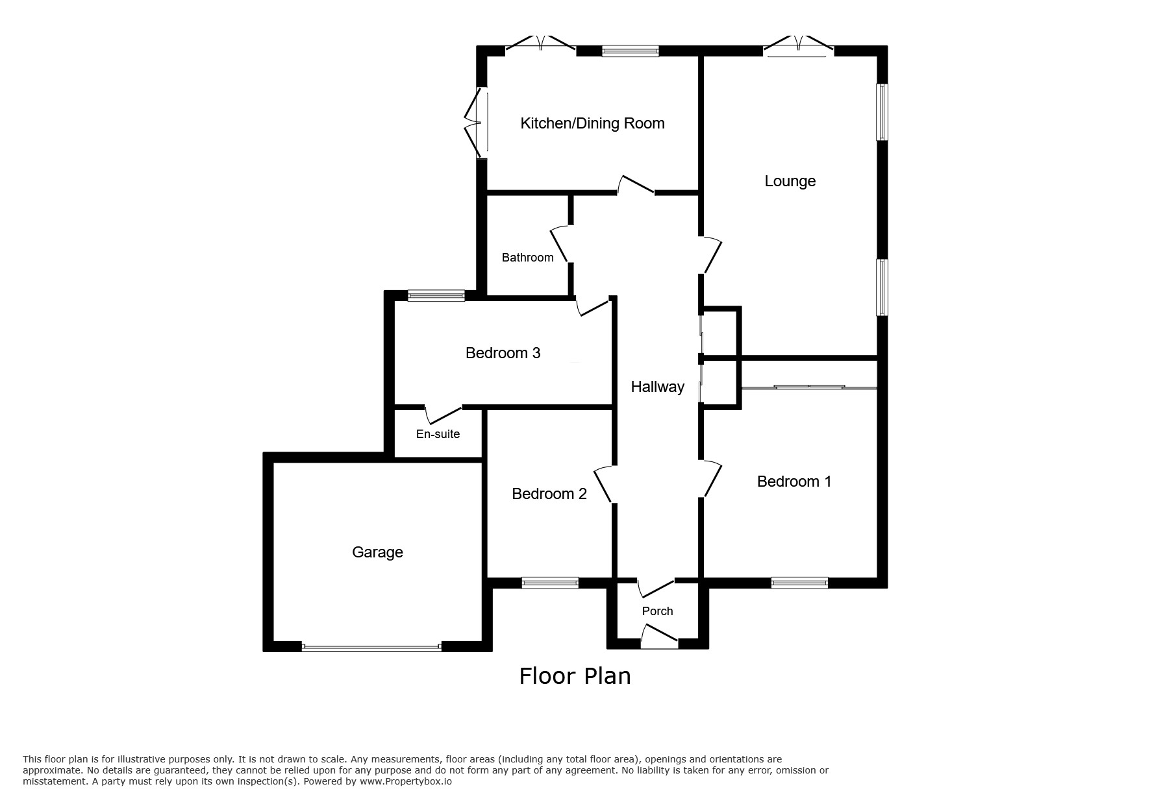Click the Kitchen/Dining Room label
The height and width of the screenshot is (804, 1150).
click(592, 123)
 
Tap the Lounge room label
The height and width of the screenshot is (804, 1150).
click(790, 181)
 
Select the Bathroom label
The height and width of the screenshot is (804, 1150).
click(527, 258)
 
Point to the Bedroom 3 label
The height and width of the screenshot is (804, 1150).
click(503, 353)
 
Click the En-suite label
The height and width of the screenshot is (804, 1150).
click(438, 434)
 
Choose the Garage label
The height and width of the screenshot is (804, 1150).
click(377, 552)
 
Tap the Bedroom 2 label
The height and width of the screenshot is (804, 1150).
click(549, 494)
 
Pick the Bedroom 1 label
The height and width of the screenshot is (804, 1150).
click(794, 481)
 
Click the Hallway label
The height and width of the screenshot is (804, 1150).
click(657, 387)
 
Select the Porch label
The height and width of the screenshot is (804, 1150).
click(657, 611)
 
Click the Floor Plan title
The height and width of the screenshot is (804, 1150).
click(575, 676)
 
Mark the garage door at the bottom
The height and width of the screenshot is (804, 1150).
click(371, 647)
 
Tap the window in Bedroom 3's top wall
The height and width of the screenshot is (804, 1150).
click(436, 296)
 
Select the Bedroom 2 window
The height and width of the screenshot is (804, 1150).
click(550, 583)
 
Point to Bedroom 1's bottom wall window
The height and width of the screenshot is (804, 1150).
click(799, 583)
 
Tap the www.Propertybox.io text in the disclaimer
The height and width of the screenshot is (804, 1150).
click(405, 781)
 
